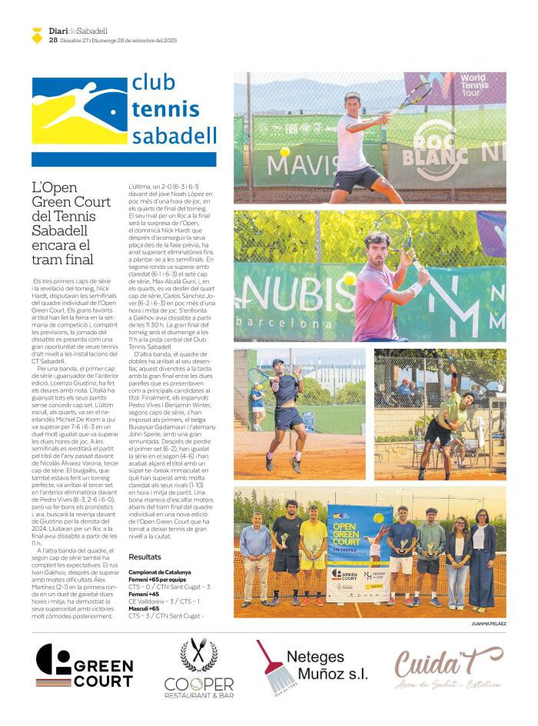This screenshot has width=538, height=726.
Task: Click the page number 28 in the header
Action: (x=53, y=40)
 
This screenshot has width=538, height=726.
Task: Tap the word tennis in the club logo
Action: (x=165, y=110)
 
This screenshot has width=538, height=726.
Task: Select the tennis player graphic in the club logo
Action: (x=80, y=111)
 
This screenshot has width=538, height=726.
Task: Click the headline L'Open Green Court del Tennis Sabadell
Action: (x=71, y=223)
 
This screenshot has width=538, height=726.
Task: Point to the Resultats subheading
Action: (x=144, y=556)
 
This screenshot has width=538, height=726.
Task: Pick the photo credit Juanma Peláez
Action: (x=488, y=624)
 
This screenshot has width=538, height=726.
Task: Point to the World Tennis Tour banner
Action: (x=474, y=88)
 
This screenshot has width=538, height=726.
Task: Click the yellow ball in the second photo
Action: (x=350, y=278)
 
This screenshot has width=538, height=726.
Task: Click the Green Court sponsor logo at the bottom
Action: (x=84, y=666)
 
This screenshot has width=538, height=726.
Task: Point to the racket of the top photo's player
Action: (x=416, y=96)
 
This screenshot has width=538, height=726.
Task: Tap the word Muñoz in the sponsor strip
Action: (x=336, y=674)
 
